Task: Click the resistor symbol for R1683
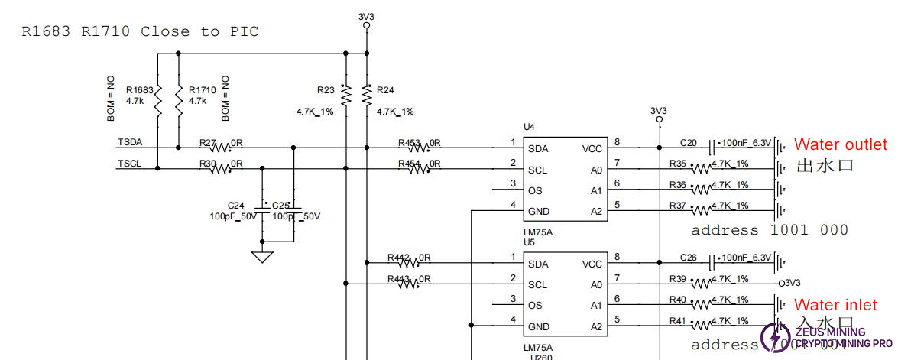tap(157, 102)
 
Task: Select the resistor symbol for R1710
tap(178, 102)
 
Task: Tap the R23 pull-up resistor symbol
tap(345, 95)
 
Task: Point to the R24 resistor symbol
tap(368, 95)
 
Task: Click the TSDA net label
tap(130, 143)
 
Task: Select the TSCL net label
tap(130, 164)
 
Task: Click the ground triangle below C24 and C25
tap(263, 256)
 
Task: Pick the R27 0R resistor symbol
tap(220, 148)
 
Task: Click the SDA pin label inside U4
tap(538, 148)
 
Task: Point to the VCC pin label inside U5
tap(592, 264)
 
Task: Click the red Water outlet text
tap(840, 144)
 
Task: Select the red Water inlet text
tap(835, 305)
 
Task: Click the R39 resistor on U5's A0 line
tap(702, 284)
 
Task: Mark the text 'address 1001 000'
tap(769, 230)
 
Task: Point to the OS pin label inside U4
tap(535, 190)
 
